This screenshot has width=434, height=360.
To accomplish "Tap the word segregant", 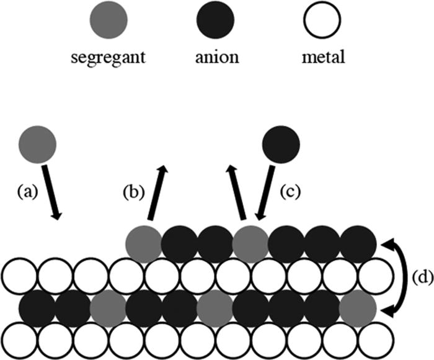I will point(108,59).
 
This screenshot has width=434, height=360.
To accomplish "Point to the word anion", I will point(216,59).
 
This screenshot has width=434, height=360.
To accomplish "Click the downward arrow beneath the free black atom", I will point(263,192).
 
